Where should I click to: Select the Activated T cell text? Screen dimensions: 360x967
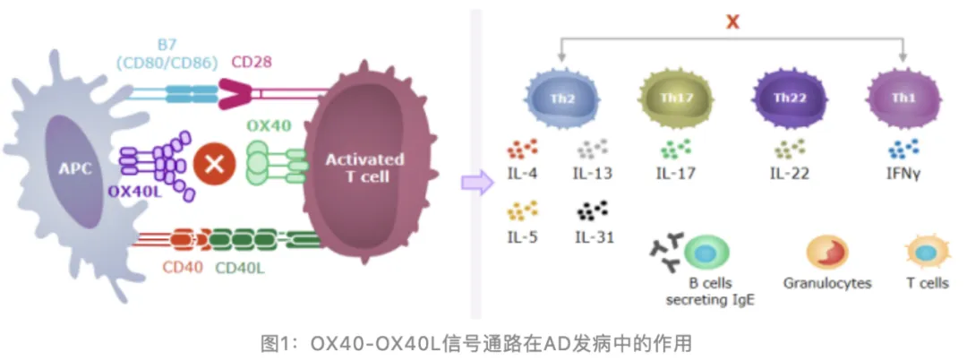coord(364,167)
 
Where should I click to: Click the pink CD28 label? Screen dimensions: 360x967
coord(252,62)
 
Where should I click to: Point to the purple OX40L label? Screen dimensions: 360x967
coord(134,191)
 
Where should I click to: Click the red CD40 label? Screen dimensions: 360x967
coord(183,267)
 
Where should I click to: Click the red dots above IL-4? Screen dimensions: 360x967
coord(521,149)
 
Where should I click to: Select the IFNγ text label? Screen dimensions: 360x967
coord(903,173)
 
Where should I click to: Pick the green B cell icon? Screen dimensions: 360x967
coord(707,254)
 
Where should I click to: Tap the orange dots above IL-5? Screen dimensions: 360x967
coord(521,211)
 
